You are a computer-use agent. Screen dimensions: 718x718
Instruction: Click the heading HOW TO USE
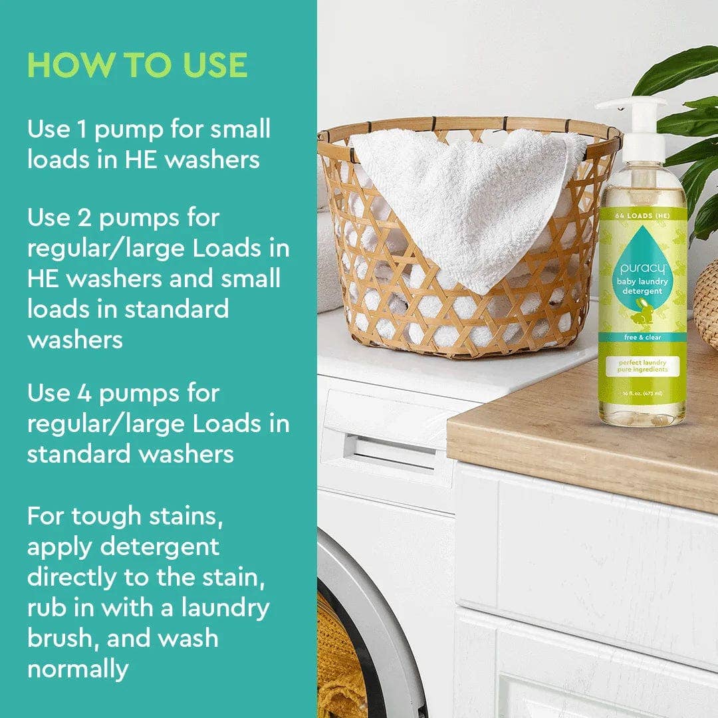137,65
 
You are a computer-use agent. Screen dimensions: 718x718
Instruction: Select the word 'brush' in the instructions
60,638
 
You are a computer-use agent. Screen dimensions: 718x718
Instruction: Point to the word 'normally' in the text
77,668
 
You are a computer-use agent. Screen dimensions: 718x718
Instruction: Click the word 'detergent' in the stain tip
159,546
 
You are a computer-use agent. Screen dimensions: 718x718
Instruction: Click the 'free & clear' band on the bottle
642,336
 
